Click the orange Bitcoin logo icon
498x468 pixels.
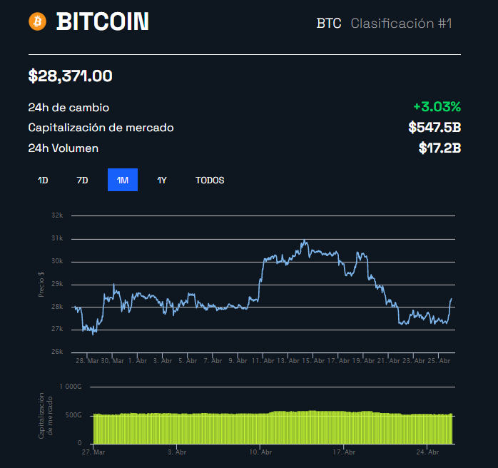37,21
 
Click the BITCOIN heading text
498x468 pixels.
103,22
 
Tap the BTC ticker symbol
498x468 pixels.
329,24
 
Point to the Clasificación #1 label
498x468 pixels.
402,24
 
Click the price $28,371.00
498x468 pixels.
70,76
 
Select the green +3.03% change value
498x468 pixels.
437,107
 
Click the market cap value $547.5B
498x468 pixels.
435,128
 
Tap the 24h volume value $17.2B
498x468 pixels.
439,148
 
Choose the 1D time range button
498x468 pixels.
43,180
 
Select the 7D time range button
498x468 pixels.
82,180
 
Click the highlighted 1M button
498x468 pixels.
123,180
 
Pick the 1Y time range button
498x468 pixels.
162,180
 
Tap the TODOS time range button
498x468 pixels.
210,180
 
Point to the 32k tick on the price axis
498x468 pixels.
57,215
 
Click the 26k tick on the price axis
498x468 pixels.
57,352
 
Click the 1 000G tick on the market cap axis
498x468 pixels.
71,387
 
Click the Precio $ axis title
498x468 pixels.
41,284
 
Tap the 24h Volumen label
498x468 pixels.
63,148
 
